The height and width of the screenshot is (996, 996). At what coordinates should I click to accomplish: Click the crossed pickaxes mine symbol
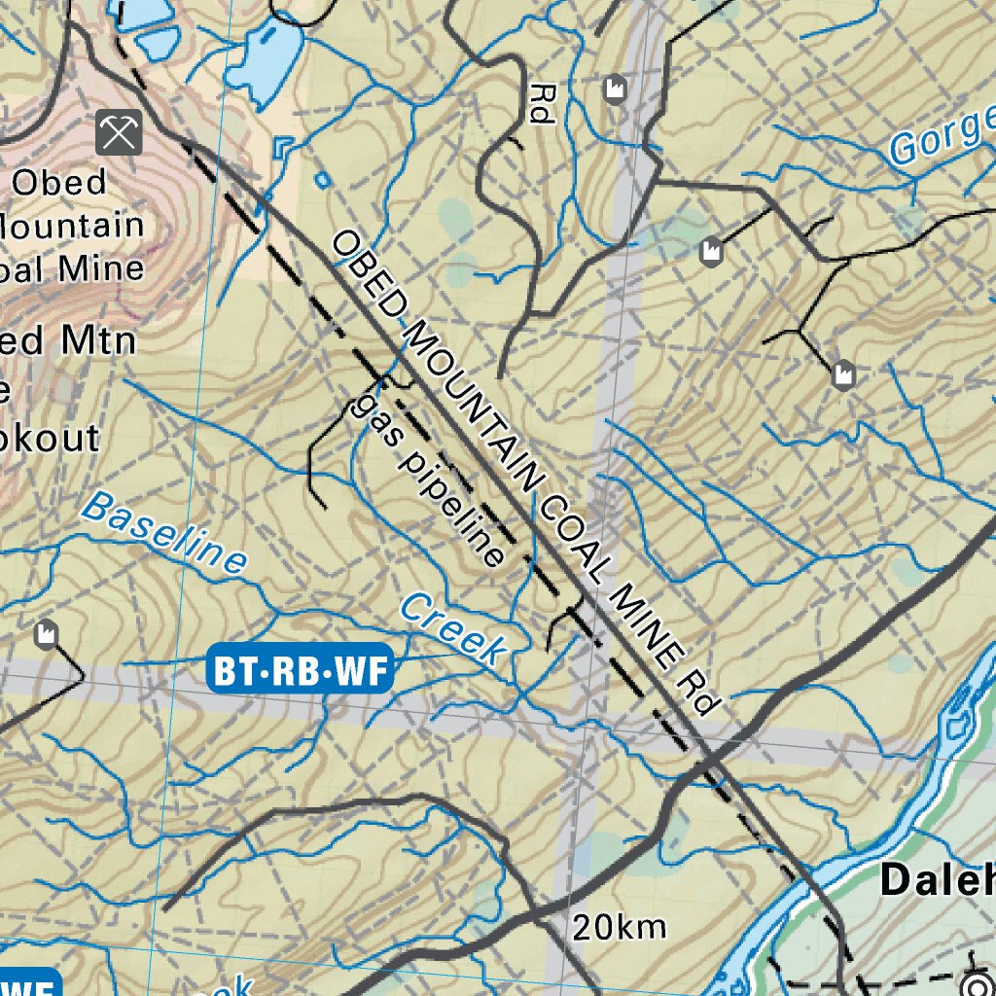pos(119,132)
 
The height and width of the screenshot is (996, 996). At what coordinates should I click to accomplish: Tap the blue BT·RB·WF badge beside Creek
pos(300,670)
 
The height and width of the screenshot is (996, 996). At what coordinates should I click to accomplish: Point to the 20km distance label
pos(619,927)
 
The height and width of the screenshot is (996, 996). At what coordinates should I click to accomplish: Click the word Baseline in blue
pos(164,531)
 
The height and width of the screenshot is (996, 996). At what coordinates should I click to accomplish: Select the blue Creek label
pos(454,630)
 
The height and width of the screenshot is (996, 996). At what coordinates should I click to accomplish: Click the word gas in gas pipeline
pos(374,416)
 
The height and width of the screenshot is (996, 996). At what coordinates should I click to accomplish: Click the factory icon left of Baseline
pos(45,634)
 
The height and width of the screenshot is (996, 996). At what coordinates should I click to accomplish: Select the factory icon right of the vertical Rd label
pos(613,89)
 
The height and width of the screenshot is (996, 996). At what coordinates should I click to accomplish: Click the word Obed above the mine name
pos(59,182)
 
